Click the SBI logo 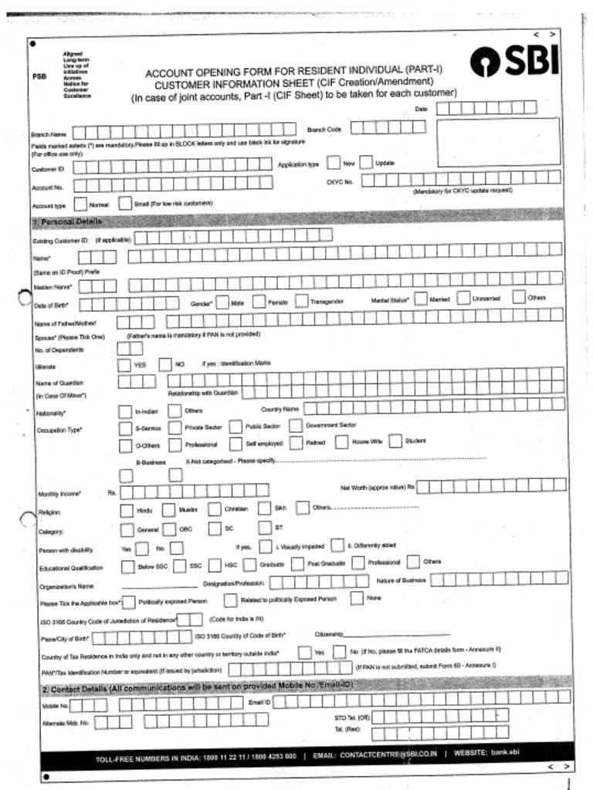(514, 61)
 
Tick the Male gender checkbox (222, 302)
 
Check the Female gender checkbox (259, 302)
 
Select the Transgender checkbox (301, 302)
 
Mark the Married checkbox (420, 298)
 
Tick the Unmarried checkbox (463, 298)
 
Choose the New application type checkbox (333, 163)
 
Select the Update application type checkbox (366, 163)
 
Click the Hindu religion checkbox (127, 510)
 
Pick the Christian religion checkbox (214, 509)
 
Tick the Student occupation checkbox (395, 441)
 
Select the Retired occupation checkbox (296, 444)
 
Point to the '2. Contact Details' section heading (197, 686)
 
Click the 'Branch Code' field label (324, 129)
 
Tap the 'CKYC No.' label (340, 182)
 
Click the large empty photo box (498, 141)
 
